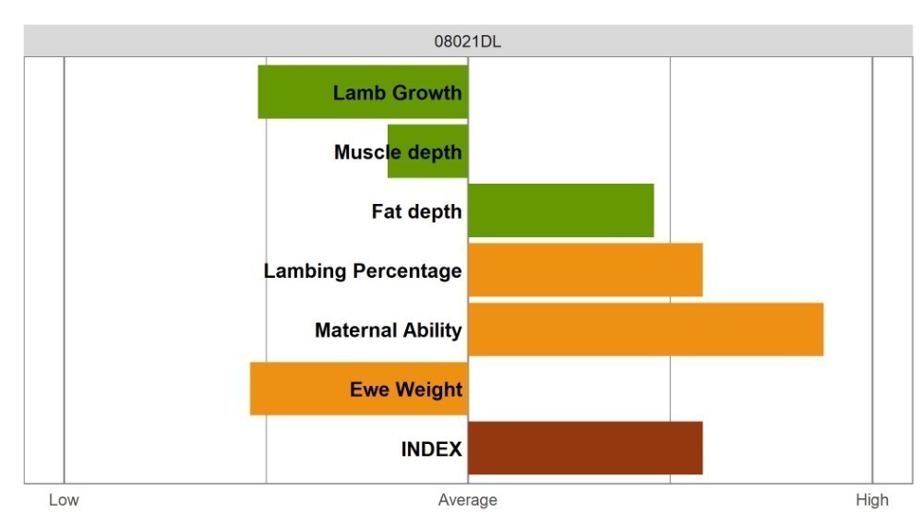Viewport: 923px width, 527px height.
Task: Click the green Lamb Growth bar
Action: [x=363, y=92]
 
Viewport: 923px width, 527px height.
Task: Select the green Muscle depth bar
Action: [x=428, y=151]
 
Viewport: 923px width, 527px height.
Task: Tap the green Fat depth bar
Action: [x=561, y=210]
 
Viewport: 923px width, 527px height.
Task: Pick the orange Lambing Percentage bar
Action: [x=585, y=270]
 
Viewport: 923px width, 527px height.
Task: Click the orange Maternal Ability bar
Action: [x=646, y=329]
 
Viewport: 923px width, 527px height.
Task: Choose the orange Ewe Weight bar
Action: [x=359, y=389]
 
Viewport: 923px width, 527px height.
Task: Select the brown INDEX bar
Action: [x=585, y=449]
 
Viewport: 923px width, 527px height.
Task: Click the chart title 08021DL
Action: [x=467, y=42]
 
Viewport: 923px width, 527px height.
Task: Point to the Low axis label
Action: [x=64, y=500]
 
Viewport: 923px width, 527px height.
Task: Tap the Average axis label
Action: [x=467, y=500]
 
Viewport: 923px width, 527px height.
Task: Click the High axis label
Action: [x=872, y=500]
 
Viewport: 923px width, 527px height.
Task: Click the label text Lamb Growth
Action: [x=397, y=92]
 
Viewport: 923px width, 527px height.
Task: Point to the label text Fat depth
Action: [x=417, y=211]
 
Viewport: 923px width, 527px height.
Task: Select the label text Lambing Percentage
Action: [x=363, y=270]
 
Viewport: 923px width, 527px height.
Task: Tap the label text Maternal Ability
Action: [x=389, y=330]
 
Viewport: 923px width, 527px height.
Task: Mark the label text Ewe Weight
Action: [x=406, y=389]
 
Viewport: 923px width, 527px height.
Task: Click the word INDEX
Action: [x=431, y=449]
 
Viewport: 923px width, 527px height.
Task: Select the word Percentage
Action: [x=407, y=270]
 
